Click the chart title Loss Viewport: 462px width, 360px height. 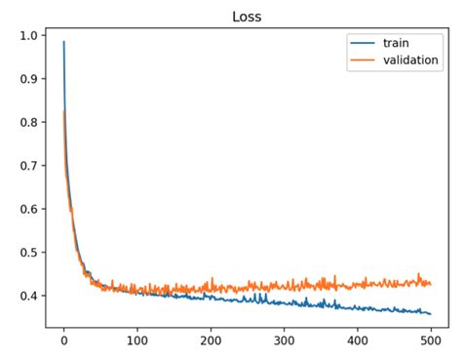246,17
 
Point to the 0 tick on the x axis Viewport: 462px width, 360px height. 63,342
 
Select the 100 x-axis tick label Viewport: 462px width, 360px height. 136,342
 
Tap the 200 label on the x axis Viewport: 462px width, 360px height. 211,342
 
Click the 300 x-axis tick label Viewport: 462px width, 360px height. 284,342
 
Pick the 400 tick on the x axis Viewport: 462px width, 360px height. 358,342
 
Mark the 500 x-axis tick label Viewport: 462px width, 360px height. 431,342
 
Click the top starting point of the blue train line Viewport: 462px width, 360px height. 64,42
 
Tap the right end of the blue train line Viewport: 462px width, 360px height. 431,314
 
